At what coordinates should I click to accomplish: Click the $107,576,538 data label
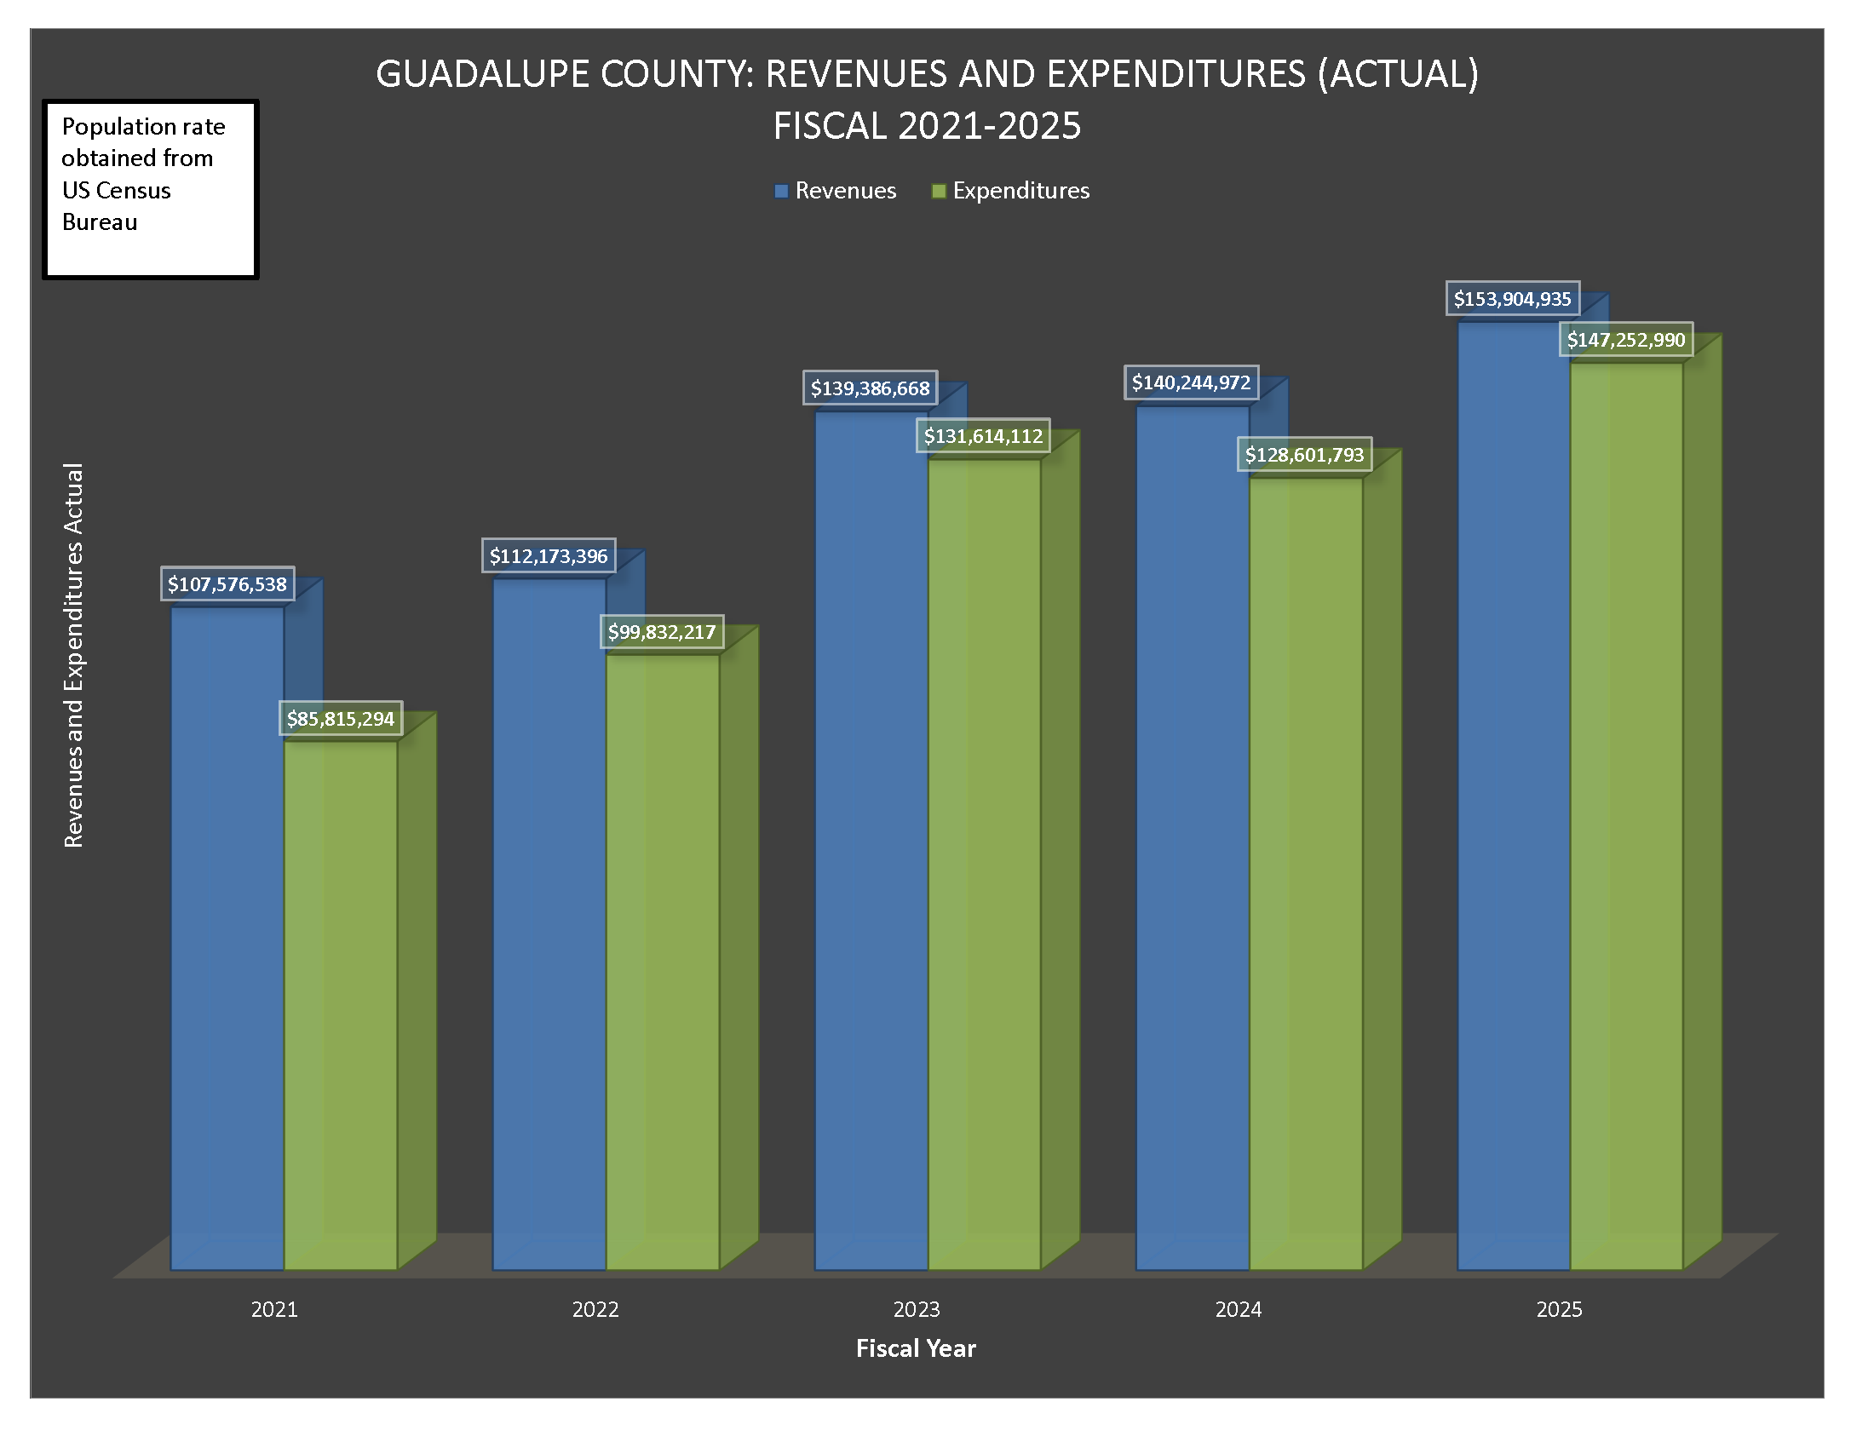point(227,584)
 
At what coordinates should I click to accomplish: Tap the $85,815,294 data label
point(341,719)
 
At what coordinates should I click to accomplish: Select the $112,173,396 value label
point(549,556)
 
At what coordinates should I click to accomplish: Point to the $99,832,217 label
point(662,632)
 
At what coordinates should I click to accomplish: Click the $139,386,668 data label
point(870,388)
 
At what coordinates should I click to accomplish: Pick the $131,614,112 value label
point(983,436)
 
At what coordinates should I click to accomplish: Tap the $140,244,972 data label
point(1191,382)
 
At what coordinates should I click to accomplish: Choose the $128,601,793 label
point(1304,455)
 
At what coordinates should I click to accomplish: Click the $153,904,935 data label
point(1513,299)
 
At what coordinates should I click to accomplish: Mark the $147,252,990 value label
point(1626,340)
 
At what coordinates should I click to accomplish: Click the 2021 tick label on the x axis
point(274,1309)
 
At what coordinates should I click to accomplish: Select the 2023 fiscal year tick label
point(917,1309)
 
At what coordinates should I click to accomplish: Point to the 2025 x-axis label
point(1559,1309)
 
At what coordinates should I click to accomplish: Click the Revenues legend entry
point(836,191)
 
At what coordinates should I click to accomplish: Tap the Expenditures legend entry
point(1011,191)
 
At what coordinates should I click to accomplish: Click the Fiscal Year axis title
point(916,1348)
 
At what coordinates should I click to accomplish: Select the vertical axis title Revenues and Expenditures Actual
point(75,655)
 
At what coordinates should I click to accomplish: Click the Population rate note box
point(150,189)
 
